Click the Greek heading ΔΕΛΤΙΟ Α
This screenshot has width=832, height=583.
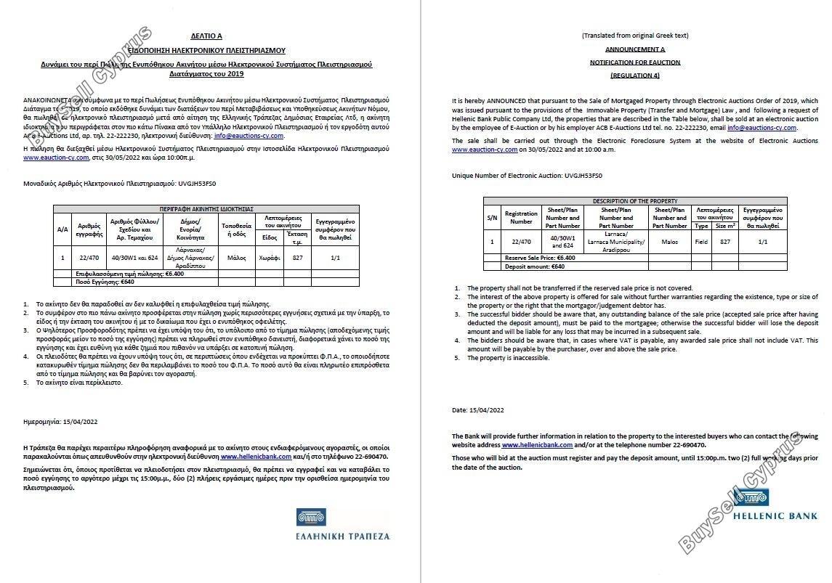pyautogui.click(x=207, y=36)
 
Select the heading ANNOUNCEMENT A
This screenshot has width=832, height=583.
pyautogui.click(x=634, y=49)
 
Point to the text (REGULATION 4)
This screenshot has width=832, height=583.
pyautogui.click(x=634, y=76)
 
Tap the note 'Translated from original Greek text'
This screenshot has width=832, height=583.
pyautogui.click(x=634, y=36)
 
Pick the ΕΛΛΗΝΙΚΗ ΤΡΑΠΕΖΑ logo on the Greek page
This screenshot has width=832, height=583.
pyautogui.click(x=342, y=526)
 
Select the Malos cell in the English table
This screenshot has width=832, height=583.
pyautogui.click(x=669, y=242)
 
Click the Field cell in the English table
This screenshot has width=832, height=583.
pyautogui.click(x=701, y=242)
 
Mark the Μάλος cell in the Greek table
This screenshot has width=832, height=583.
pyautogui.click(x=235, y=258)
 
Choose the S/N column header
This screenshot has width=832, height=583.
pyautogui.click(x=492, y=217)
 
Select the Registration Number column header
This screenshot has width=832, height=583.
pyautogui.click(x=521, y=217)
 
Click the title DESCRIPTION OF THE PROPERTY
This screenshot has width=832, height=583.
pyautogui.click(x=634, y=201)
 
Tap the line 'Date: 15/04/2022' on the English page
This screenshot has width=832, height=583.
pyautogui.click(x=477, y=410)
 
